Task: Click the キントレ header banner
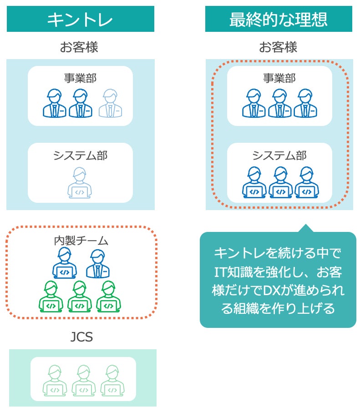pyautogui.click(x=80, y=19)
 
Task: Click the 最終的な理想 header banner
pyautogui.click(x=279, y=19)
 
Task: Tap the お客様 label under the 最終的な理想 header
pyautogui.click(x=278, y=47)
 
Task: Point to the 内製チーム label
pyautogui.click(x=81, y=241)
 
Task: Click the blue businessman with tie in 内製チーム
pyautogui.click(x=98, y=264)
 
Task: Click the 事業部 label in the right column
pyautogui.click(x=279, y=78)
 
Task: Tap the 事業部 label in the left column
pyautogui.click(x=81, y=78)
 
